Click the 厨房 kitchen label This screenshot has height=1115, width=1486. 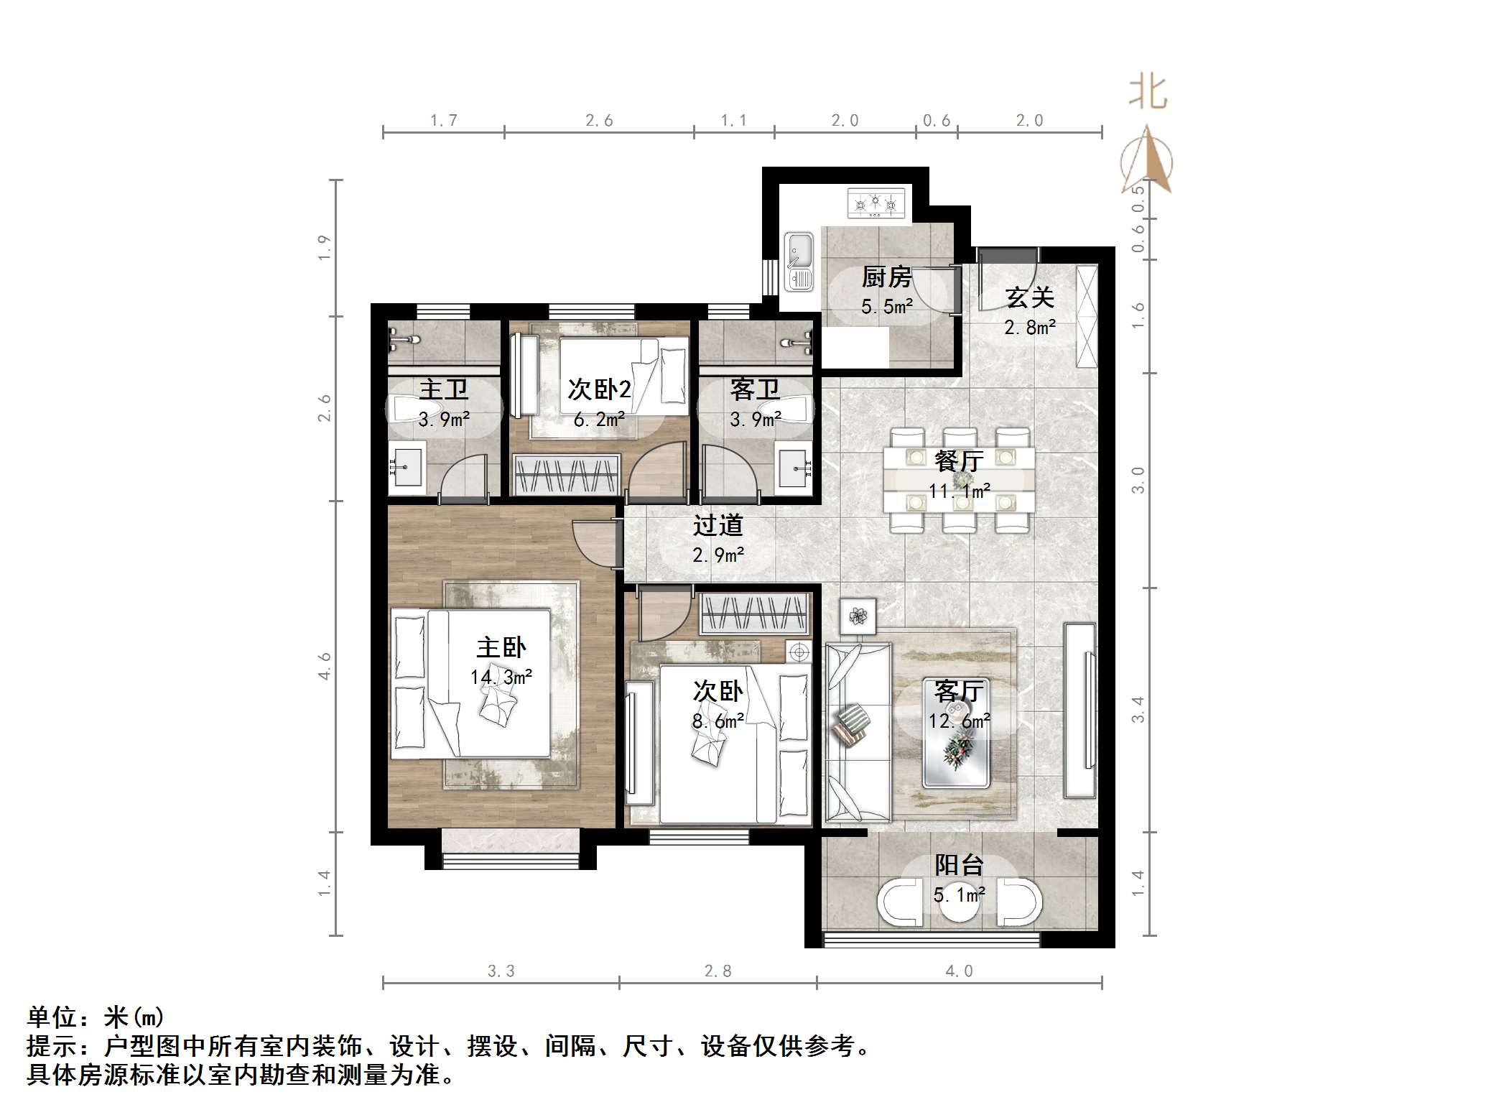[886, 277]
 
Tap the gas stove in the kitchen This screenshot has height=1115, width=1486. [876, 203]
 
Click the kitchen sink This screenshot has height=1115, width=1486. [799, 261]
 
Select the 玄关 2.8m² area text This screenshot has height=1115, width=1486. [1029, 328]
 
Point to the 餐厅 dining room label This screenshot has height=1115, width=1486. [959, 461]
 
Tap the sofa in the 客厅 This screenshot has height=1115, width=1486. [858, 731]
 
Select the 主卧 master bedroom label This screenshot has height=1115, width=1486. [501, 647]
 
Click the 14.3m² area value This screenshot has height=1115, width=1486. [501, 677]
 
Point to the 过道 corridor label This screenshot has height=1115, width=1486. [718, 525]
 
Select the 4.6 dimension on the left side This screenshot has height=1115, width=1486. [325, 666]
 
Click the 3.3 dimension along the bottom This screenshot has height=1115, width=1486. [501, 971]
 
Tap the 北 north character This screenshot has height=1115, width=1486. [1148, 93]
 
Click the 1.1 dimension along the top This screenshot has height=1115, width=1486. [733, 121]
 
